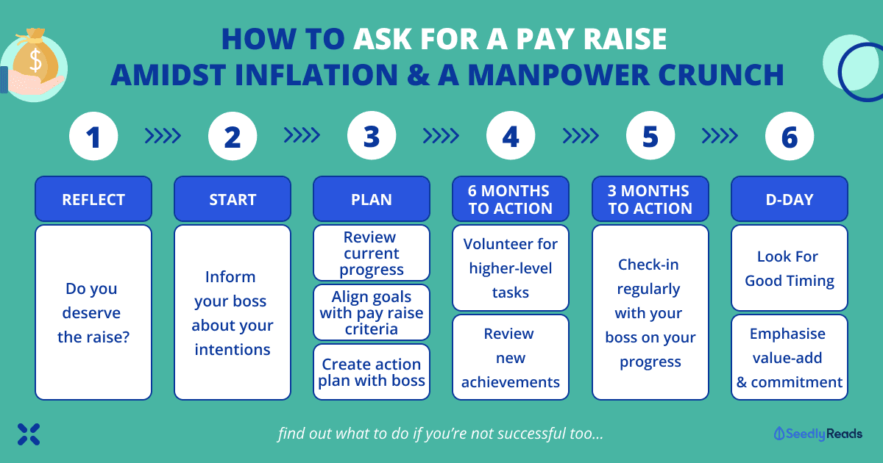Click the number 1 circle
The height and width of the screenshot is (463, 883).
[x=93, y=136]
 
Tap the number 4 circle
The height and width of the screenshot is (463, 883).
[x=511, y=136]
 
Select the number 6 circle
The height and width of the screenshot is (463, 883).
[x=789, y=136]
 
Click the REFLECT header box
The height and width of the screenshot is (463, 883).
[x=93, y=199]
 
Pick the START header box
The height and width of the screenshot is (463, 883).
[x=233, y=199]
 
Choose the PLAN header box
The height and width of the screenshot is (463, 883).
[x=372, y=199]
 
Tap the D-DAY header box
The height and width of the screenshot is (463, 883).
[x=789, y=199]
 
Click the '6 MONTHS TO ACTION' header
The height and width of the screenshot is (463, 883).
[x=511, y=199]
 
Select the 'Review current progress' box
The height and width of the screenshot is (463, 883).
[x=372, y=253]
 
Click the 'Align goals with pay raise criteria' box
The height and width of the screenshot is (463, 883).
[x=372, y=312]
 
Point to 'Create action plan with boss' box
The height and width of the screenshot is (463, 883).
[x=372, y=372]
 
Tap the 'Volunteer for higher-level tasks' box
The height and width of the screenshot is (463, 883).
[x=511, y=268]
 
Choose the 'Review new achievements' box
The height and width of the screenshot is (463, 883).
[x=511, y=357]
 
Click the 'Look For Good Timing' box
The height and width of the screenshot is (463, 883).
[x=789, y=268]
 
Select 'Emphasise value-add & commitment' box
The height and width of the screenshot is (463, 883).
[x=789, y=357]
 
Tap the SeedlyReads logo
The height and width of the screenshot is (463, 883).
[x=818, y=434]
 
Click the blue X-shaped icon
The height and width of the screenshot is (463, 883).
[x=29, y=434]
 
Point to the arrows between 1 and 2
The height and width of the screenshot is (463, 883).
[x=163, y=136]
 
